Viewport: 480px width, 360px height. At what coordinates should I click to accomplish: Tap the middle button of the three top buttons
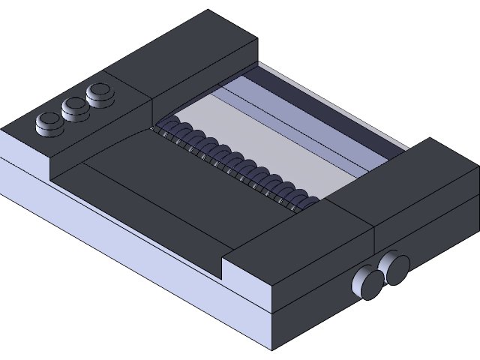tap(74, 107)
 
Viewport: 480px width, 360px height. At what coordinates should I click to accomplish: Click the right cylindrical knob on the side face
tap(395, 268)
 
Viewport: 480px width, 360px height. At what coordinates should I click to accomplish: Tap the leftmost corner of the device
tap(2, 131)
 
